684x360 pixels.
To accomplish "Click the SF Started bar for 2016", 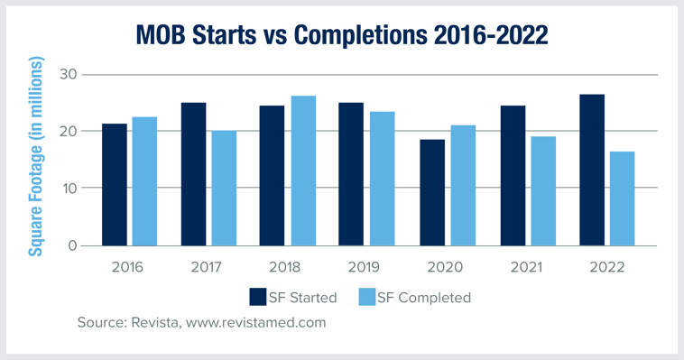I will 114,185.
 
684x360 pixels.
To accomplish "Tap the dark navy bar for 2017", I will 193,174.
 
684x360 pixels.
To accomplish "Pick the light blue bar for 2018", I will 303,171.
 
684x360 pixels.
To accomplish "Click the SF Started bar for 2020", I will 431,192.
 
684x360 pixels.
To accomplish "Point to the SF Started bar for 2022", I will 591,170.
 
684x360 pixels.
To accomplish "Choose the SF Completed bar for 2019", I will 383,179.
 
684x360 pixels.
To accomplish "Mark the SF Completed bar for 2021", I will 542,191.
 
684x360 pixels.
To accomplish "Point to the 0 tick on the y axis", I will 71,245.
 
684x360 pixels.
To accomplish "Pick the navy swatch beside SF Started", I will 258,296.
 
